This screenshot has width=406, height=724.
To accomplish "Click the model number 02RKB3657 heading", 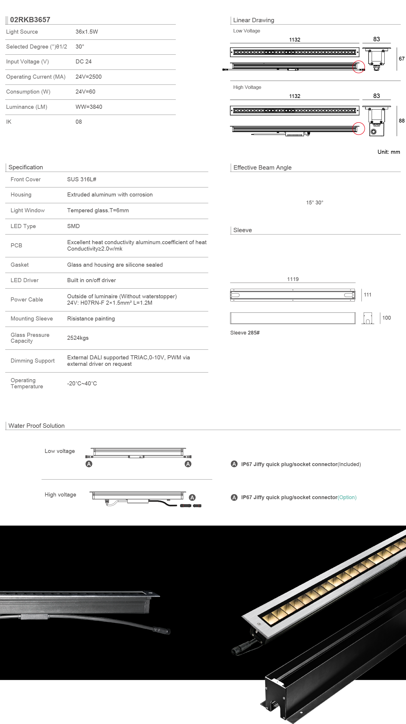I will coord(30,20).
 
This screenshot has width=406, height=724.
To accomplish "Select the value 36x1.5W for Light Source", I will coord(87,32).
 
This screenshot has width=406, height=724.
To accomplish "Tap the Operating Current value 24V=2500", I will coord(89,77).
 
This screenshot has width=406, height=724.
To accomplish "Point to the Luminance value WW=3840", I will coord(89,107).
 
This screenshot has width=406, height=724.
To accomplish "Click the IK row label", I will coord(9,122).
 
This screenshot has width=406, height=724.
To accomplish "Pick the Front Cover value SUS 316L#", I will coord(82,179).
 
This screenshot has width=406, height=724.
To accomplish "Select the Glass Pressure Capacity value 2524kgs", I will coord(78,338).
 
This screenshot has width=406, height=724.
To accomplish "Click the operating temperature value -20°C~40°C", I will coord(82,383).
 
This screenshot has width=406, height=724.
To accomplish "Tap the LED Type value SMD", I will coord(73,226).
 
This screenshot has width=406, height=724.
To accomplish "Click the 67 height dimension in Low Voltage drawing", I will coord(402,59).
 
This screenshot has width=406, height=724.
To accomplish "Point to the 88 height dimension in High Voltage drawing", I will coord(402,120).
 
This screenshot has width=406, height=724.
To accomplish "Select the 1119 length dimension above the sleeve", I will coord(293,279).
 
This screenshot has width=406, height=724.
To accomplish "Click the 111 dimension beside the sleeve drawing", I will coord(367,295).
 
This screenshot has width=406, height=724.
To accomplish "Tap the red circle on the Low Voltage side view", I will coord(358,67).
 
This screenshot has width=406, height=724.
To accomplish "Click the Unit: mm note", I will coord(388,152).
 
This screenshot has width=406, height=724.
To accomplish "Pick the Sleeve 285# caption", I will coord(245,332).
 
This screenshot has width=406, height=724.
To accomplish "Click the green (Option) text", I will coord(347,497).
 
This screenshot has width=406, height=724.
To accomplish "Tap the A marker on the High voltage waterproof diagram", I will coord(192,497).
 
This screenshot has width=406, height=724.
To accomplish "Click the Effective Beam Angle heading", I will coord(262,168).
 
